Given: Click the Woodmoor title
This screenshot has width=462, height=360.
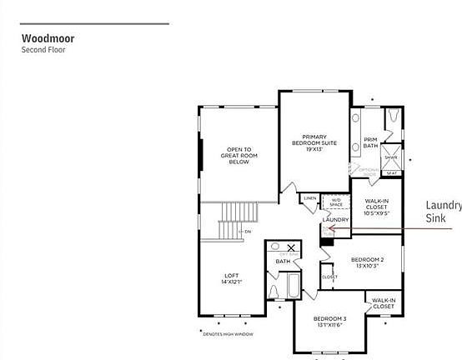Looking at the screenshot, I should pos(48,38).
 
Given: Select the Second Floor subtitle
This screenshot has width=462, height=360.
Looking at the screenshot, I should pos(43,50).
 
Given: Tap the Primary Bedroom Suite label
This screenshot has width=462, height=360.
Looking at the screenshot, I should pos(314,142).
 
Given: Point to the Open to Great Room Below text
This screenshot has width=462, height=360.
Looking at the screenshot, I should pos(239,156).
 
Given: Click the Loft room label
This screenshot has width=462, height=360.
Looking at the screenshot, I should pos(232,278).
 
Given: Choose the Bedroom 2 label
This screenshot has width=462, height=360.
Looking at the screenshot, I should pos(367,262).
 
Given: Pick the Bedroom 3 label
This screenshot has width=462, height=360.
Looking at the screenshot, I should pos(329,322).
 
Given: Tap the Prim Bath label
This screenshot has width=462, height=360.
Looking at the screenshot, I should pos(370,142).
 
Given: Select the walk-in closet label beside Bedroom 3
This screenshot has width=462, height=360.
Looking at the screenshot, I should pos(383,303).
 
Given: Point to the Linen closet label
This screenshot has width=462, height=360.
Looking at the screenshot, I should pos(309,198).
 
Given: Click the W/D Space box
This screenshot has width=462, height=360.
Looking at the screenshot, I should pos(336,202).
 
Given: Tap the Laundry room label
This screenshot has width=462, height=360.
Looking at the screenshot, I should pos(335,219).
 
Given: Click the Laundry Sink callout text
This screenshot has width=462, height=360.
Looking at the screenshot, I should pos(443,212).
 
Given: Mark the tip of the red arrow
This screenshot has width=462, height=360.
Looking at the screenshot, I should pos(328,227).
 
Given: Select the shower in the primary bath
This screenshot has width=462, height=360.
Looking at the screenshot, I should pos(390,157).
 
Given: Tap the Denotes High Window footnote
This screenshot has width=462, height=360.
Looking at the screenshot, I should pos(229,334).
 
